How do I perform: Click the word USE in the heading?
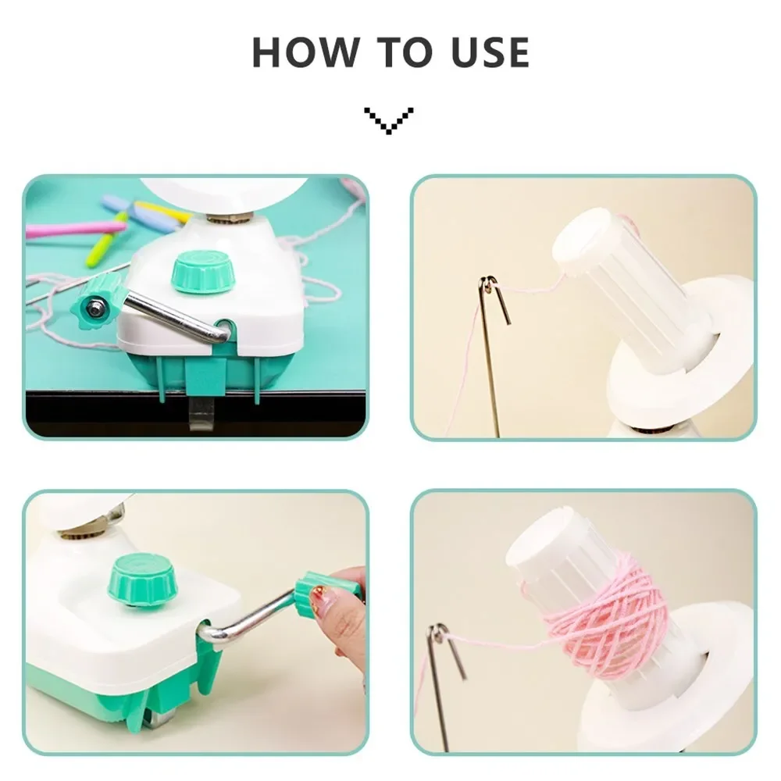point(490,52)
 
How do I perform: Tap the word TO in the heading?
point(405,52)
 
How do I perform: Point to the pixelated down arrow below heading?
point(389,120)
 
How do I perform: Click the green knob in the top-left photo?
point(202,272)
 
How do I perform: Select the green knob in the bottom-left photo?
point(144,580)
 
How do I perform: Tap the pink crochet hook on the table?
point(75,229)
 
